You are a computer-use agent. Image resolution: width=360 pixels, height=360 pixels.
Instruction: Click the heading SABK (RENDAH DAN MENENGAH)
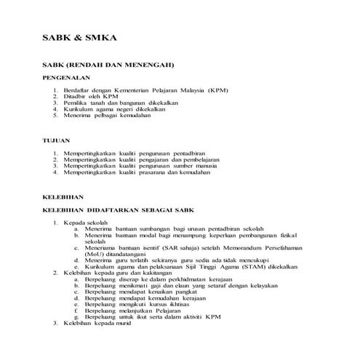pyautogui.click(x=108, y=63)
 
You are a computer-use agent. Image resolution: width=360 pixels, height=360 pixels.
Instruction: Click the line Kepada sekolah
pyautogui.click(x=87, y=222)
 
